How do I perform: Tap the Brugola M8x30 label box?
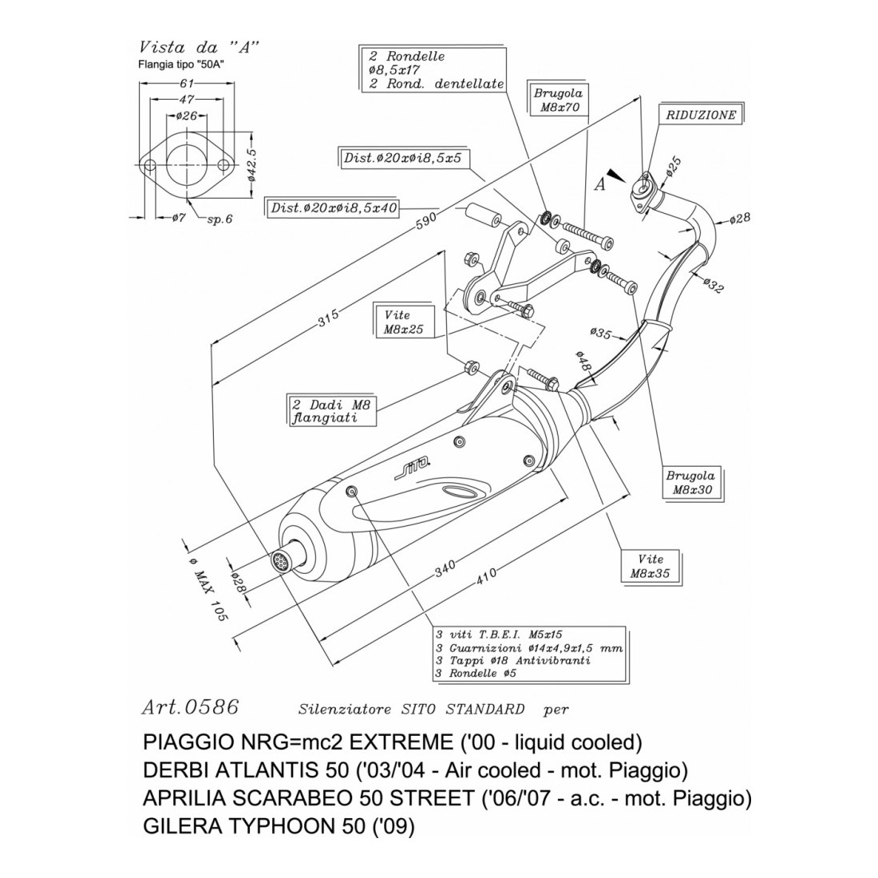pyautogui.click(x=691, y=483)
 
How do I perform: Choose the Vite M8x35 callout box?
pyautogui.click(x=651, y=565)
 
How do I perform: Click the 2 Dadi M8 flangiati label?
pyautogui.click(x=330, y=408)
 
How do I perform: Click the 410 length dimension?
pyautogui.click(x=486, y=575)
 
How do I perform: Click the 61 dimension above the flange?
pyautogui.click(x=187, y=82)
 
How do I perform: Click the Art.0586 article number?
pyautogui.click(x=189, y=707)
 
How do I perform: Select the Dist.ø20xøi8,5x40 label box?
pyautogui.click(x=334, y=208)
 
